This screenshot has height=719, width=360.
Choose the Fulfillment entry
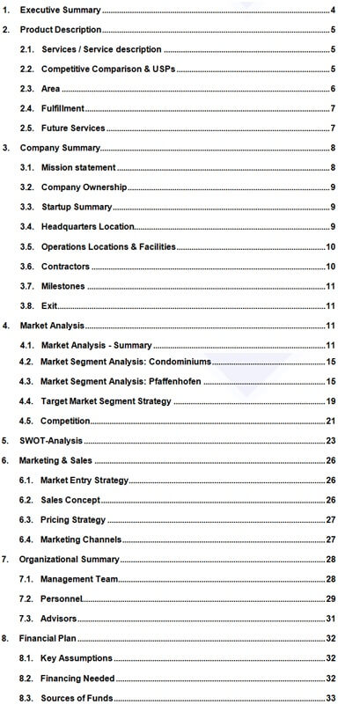[63, 108]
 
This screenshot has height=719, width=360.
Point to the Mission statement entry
[78, 167]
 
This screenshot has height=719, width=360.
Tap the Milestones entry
[63, 286]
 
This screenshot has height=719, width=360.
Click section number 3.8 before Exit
[26, 305]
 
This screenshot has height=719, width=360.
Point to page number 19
[332, 401]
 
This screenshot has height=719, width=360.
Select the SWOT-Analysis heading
[52, 440]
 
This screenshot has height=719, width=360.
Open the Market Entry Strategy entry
[84, 481]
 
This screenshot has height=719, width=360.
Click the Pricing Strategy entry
[73, 519]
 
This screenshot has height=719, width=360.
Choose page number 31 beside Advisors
[332, 619]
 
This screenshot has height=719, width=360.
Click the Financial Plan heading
[51, 638]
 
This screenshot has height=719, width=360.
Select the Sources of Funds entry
[77, 698]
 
